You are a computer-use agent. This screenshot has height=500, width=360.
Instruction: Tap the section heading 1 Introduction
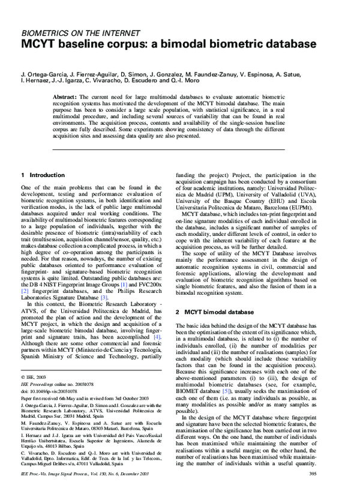pyautogui.click(x=43, y=175)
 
